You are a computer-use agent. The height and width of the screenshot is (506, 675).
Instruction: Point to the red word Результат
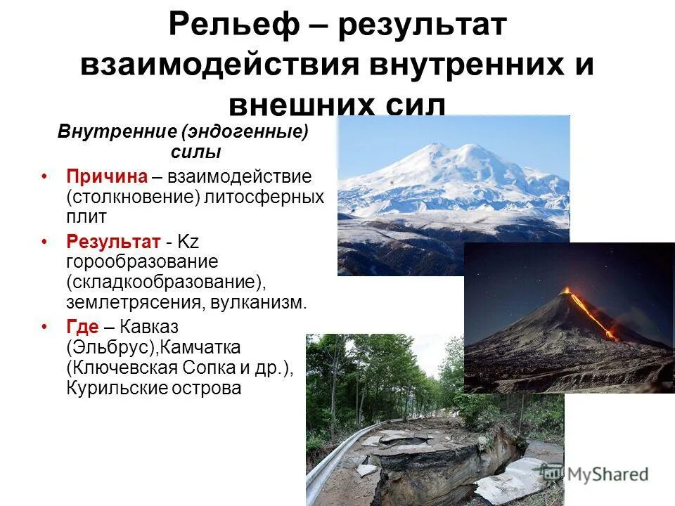113,242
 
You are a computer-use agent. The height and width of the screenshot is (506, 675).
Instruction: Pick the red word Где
82,327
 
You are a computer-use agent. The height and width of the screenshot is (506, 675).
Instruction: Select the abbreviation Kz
189,242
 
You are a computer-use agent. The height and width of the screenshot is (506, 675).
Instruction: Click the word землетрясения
128,303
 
